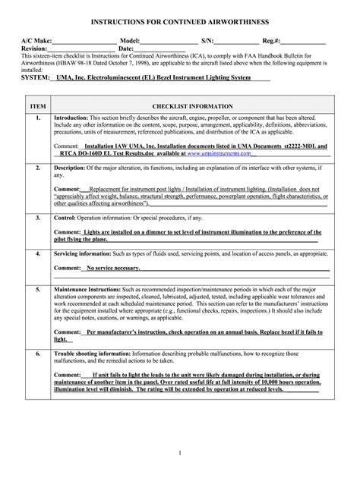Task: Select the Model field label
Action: tap(131, 39)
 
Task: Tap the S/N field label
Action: tap(207, 39)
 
